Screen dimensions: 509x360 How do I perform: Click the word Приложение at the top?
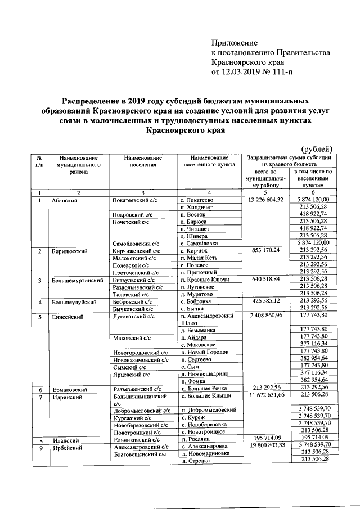point(234,43)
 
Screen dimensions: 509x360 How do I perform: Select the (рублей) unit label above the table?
point(321,148)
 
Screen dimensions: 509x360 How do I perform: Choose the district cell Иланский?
point(64,440)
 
